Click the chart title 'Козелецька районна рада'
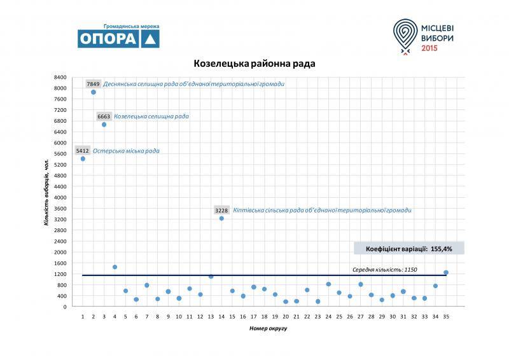click(254, 64)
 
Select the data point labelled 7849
click(94, 92)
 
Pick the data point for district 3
click(104, 125)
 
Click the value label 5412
click(83, 151)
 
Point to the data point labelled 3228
click(221, 218)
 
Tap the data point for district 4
click(115, 267)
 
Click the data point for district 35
click(446, 273)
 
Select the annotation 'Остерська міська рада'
click(126, 151)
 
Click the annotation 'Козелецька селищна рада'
click(151, 117)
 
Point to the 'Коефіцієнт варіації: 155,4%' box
click(409, 248)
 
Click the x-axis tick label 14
click(221, 315)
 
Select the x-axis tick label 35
click(446, 315)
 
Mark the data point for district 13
click(211, 276)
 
